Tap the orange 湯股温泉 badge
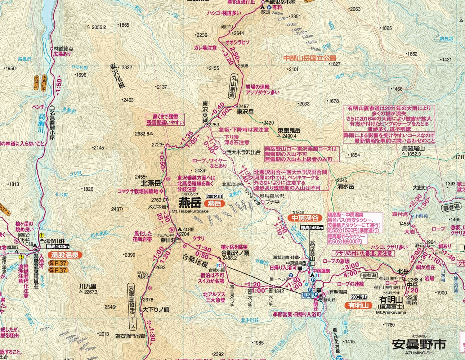click(x=64, y=255)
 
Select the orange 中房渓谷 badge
click(x=305, y=217)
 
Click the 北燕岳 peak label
click(x=150, y=183)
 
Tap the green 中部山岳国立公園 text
click(x=310, y=58)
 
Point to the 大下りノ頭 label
click(x=155, y=309)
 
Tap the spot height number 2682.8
click(x=142, y=134)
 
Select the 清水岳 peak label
click(x=346, y=186)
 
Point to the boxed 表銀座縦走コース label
click(x=132, y=307)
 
